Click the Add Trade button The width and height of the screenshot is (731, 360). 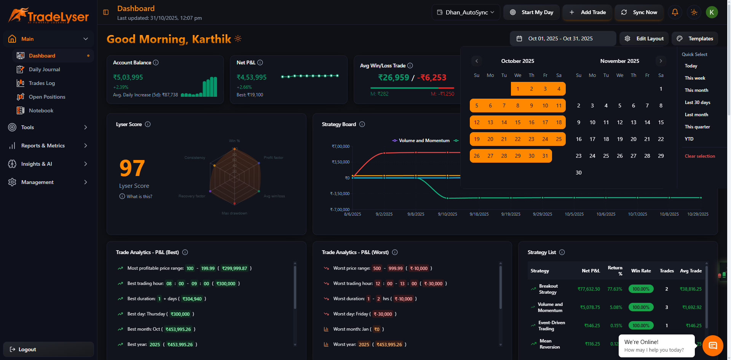[587, 12]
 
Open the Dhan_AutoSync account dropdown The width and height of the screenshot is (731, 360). [466, 12]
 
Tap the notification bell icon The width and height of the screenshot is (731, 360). [675, 12]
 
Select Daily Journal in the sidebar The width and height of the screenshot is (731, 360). [44, 69]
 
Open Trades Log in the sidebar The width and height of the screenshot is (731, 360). [41, 83]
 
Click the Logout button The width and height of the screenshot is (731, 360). [27, 349]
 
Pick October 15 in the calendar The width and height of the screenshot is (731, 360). [517, 122]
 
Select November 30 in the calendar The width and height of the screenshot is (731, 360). [578, 173]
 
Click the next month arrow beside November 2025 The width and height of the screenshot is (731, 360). [661, 61]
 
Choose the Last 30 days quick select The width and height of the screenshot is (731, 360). [697, 102]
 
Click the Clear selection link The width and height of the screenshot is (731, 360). [699, 156]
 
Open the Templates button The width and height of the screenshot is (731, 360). [695, 38]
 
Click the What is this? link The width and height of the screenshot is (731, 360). [139, 197]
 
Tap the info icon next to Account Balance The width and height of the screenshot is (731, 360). [156, 62]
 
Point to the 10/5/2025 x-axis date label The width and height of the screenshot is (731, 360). [574, 214]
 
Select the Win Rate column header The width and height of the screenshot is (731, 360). [641, 271]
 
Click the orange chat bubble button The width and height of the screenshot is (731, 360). [712, 346]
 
